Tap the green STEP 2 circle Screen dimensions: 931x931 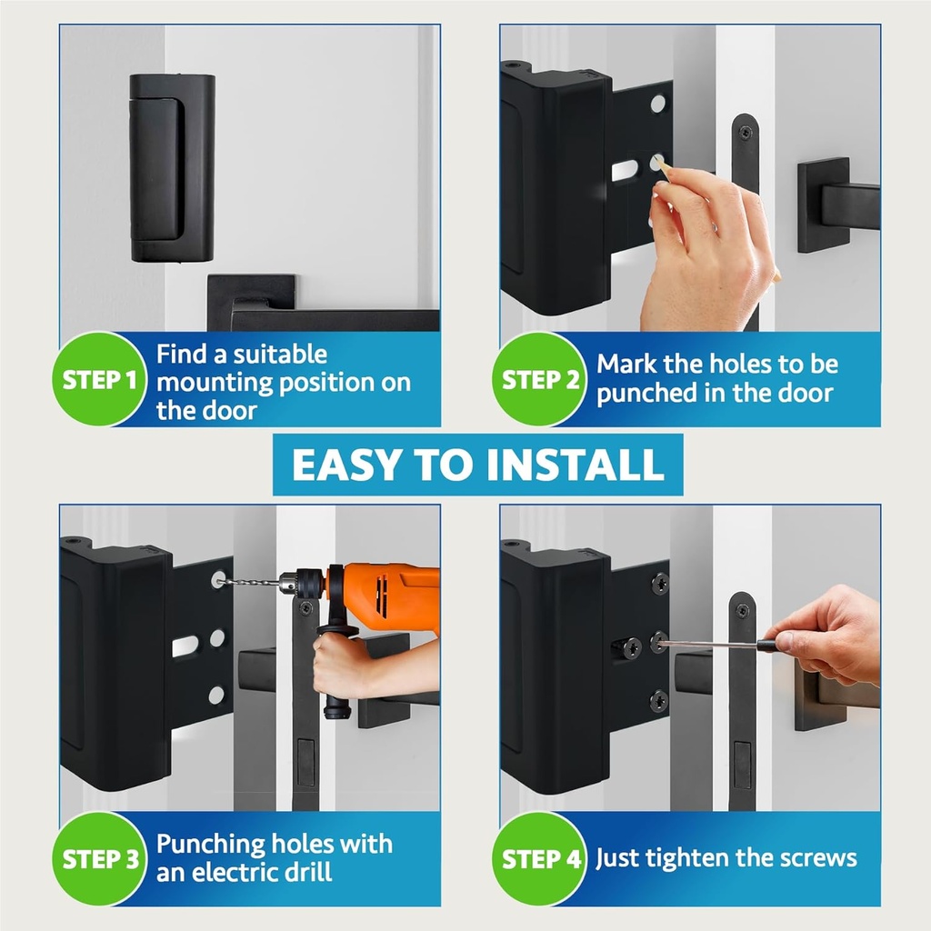(541, 379)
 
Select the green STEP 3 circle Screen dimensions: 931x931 (100, 858)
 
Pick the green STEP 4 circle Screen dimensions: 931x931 (541, 858)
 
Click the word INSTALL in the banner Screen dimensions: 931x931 (575, 465)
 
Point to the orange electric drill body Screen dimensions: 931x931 (391, 596)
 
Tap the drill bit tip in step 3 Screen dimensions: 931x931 (222, 580)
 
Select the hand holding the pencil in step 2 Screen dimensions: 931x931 (705, 245)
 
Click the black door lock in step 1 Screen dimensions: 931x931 (172, 167)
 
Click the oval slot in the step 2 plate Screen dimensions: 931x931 (625, 170)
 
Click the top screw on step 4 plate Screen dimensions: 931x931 (660, 584)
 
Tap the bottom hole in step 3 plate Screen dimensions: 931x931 (216, 696)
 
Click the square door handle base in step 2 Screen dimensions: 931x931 (823, 205)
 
